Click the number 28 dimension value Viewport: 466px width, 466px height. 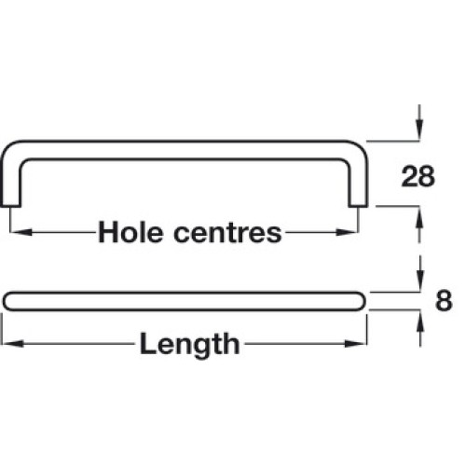pyautogui.click(x=418, y=176)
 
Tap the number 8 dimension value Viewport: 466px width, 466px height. pyautogui.click(x=444, y=301)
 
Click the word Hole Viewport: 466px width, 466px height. pyautogui.click(x=130, y=232)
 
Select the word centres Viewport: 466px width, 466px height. pyautogui.click(x=227, y=233)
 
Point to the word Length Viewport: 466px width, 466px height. pyautogui.click(x=189, y=344)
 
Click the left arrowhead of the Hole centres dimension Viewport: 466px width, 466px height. pyautogui.click(x=21, y=232)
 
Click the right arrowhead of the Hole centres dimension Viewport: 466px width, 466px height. pyautogui.click(x=347, y=232)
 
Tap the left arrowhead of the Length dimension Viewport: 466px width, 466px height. pyautogui.click(x=12, y=344)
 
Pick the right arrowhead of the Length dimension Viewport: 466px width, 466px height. pyautogui.click(x=356, y=344)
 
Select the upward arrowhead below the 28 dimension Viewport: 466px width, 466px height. pyautogui.click(x=419, y=218)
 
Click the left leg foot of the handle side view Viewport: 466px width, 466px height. pyautogui.click(x=10, y=205)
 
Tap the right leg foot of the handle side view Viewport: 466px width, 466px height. pyautogui.click(x=358, y=205)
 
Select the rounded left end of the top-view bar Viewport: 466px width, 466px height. pyautogui.click(x=7, y=301)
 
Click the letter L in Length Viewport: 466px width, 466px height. pyautogui.click(x=147, y=343)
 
